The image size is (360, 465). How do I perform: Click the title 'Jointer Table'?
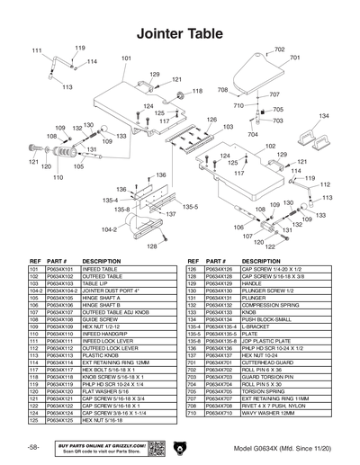(179, 31)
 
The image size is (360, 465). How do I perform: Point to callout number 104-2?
(108, 229)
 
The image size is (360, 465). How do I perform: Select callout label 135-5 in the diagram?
(191, 207)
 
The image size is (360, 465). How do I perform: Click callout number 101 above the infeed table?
(126, 58)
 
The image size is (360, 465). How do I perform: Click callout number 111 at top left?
(36, 50)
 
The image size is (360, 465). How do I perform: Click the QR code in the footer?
(153, 447)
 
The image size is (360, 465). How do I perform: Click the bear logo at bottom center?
(181, 447)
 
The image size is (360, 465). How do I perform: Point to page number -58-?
(32, 447)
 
